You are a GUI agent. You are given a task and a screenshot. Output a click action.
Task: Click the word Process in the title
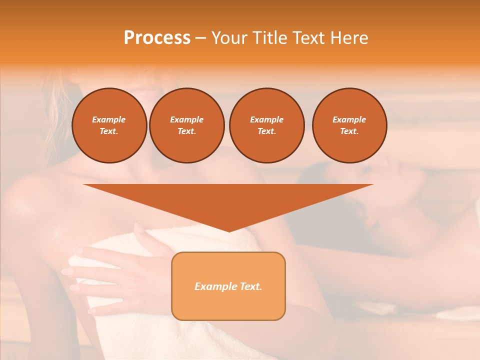[x=157, y=38]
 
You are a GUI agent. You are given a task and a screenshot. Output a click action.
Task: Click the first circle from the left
[x=109, y=125]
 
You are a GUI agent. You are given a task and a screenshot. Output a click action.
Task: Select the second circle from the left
[x=186, y=125]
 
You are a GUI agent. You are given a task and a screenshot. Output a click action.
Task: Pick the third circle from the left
[x=266, y=125]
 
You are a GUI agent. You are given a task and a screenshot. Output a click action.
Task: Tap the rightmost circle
[x=349, y=125]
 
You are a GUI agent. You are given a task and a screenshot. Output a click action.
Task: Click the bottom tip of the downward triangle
[x=228, y=230]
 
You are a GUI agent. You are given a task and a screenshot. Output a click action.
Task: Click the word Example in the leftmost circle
[x=109, y=119]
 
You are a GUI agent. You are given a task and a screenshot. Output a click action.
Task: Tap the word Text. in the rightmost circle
[x=349, y=131]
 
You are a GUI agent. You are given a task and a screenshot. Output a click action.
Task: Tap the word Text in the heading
[x=308, y=38]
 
